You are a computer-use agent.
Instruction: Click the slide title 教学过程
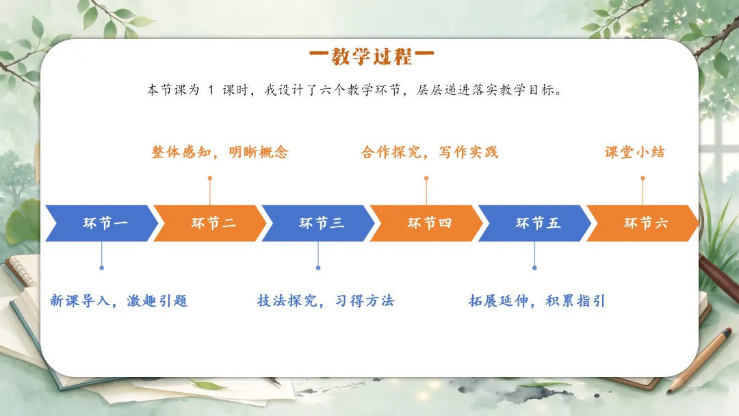372,57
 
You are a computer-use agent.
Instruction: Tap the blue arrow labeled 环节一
102,223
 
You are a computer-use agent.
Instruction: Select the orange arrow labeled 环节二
210,223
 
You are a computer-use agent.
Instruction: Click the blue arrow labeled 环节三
318,223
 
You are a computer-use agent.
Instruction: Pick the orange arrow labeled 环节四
426,223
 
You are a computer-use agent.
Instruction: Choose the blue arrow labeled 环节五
534,223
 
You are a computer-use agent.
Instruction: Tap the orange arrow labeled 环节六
643,223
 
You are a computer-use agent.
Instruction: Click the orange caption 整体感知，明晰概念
220,152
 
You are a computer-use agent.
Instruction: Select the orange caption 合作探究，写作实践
429,152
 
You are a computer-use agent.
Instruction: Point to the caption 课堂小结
634,152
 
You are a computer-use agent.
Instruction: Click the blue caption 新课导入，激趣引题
119,300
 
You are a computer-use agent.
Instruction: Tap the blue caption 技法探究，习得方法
326,300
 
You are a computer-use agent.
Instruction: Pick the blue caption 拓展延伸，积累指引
537,300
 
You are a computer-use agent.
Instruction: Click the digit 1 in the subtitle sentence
211,90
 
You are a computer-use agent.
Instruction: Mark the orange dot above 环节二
210,178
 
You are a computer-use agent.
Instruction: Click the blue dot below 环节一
102,268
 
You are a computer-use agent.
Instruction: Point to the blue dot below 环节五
534,268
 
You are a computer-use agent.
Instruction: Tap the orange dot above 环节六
643,178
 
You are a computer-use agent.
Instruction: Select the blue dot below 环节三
318,268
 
